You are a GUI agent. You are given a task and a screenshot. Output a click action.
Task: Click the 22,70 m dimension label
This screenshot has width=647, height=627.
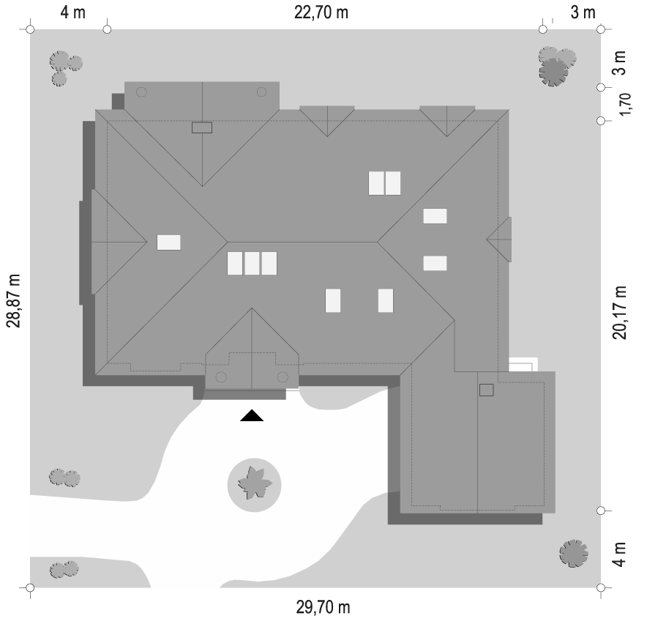point(321,12)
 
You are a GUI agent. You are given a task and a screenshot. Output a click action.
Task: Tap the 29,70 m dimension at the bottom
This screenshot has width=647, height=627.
point(323,607)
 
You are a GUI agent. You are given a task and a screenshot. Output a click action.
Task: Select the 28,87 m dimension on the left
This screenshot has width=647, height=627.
point(13,301)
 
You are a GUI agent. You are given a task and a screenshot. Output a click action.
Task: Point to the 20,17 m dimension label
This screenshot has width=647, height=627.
point(619,313)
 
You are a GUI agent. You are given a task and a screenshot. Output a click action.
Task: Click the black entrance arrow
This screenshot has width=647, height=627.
point(252,415)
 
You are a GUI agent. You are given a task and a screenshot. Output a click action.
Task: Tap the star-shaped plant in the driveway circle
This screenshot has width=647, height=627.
point(255,483)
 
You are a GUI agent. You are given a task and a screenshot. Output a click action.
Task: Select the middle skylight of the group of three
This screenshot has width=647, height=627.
point(252,263)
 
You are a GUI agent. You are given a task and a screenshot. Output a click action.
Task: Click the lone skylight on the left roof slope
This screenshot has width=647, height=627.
point(169,242)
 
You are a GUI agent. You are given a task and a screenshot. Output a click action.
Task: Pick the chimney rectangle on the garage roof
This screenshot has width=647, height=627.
point(487,390)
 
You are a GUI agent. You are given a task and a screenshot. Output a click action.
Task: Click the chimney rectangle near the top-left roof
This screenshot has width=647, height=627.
point(202,127)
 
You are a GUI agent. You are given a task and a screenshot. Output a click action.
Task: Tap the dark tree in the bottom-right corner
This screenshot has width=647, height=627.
point(574,553)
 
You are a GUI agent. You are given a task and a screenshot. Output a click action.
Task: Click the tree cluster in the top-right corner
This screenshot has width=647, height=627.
point(557,66)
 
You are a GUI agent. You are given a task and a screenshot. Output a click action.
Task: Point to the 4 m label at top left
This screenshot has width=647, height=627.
point(73,12)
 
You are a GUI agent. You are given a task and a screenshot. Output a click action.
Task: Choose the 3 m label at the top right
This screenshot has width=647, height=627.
point(583,12)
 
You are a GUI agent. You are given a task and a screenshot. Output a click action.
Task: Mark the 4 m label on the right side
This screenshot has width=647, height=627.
point(619,554)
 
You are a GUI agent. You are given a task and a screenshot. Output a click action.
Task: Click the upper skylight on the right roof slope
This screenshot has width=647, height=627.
point(435,216)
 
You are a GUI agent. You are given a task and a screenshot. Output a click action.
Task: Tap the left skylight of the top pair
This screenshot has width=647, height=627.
point(376,183)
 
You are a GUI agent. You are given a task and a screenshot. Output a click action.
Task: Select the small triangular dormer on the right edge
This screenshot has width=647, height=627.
point(499,240)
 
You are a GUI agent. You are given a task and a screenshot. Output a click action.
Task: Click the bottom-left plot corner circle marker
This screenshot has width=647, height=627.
point(30,587)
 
